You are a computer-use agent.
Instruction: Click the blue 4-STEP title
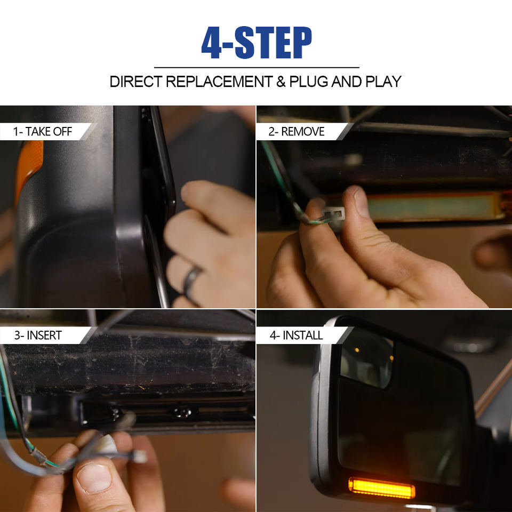pyautogui.click(x=257, y=43)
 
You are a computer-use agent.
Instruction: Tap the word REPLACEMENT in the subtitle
pyautogui.click(x=219, y=82)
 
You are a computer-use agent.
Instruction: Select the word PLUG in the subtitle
pyautogui.click(x=309, y=82)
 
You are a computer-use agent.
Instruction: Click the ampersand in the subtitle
pyautogui.click(x=281, y=82)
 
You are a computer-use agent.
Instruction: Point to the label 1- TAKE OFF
pyautogui.click(x=43, y=132)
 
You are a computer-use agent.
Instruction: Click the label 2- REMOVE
pyautogui.click(x=297, y=132)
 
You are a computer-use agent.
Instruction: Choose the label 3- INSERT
pyautogui.click(x=38, y=335)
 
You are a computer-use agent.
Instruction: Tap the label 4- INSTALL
pyautogui.click(x=296, y=335)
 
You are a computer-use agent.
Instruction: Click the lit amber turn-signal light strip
pyautogui.click(x=382, y=488)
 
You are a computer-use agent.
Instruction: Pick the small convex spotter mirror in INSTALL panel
pyautogui.click(x=366, y=357)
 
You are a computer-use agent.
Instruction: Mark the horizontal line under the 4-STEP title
pyautogui.click(x=257, y=68)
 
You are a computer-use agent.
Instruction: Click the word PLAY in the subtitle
pyautogui.click(x=383, y=82)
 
